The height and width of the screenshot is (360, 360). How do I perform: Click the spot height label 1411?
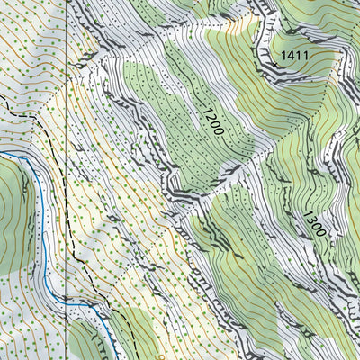click(x=293, y=56)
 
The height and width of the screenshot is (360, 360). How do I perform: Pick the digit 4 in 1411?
click(x=288, y=56)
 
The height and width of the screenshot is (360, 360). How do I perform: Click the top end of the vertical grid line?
click(x=67, y=1)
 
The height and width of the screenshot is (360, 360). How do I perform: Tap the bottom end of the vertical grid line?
click(x=67, y=358)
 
